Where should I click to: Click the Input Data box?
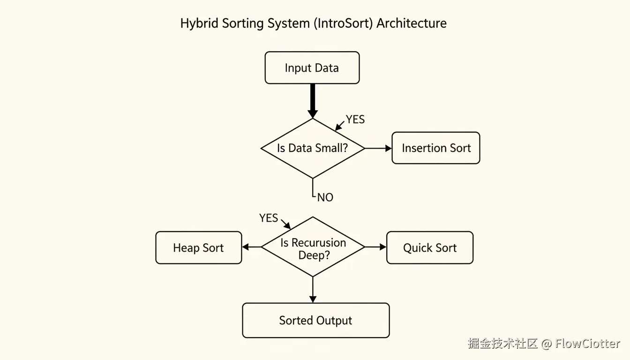312,68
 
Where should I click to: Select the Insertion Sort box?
435,148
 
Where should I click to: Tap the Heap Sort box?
198,247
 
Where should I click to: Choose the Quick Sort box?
429,247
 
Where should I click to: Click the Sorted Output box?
315,320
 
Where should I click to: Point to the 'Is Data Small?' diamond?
313,148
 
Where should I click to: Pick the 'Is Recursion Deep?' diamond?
313,247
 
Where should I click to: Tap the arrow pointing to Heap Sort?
251,247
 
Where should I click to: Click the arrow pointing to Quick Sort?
375,247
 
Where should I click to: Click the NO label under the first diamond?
325,197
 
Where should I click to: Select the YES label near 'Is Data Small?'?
355,120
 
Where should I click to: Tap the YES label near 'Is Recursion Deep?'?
269,218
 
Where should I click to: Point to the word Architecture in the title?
411,23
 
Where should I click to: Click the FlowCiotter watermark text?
587,344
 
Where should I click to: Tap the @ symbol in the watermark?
546,344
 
